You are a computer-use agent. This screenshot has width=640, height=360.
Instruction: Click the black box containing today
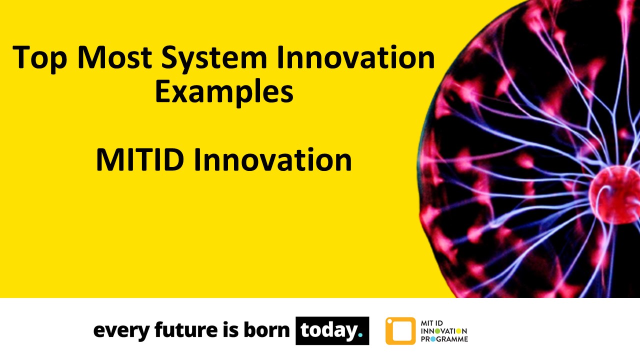[x=332, y=330]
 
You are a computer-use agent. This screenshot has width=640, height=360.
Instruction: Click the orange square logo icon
[x=400, y=331]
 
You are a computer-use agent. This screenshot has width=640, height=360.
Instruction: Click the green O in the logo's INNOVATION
[x=437, y=331]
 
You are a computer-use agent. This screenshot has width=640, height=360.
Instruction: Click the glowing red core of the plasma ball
[x=610, y=192]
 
